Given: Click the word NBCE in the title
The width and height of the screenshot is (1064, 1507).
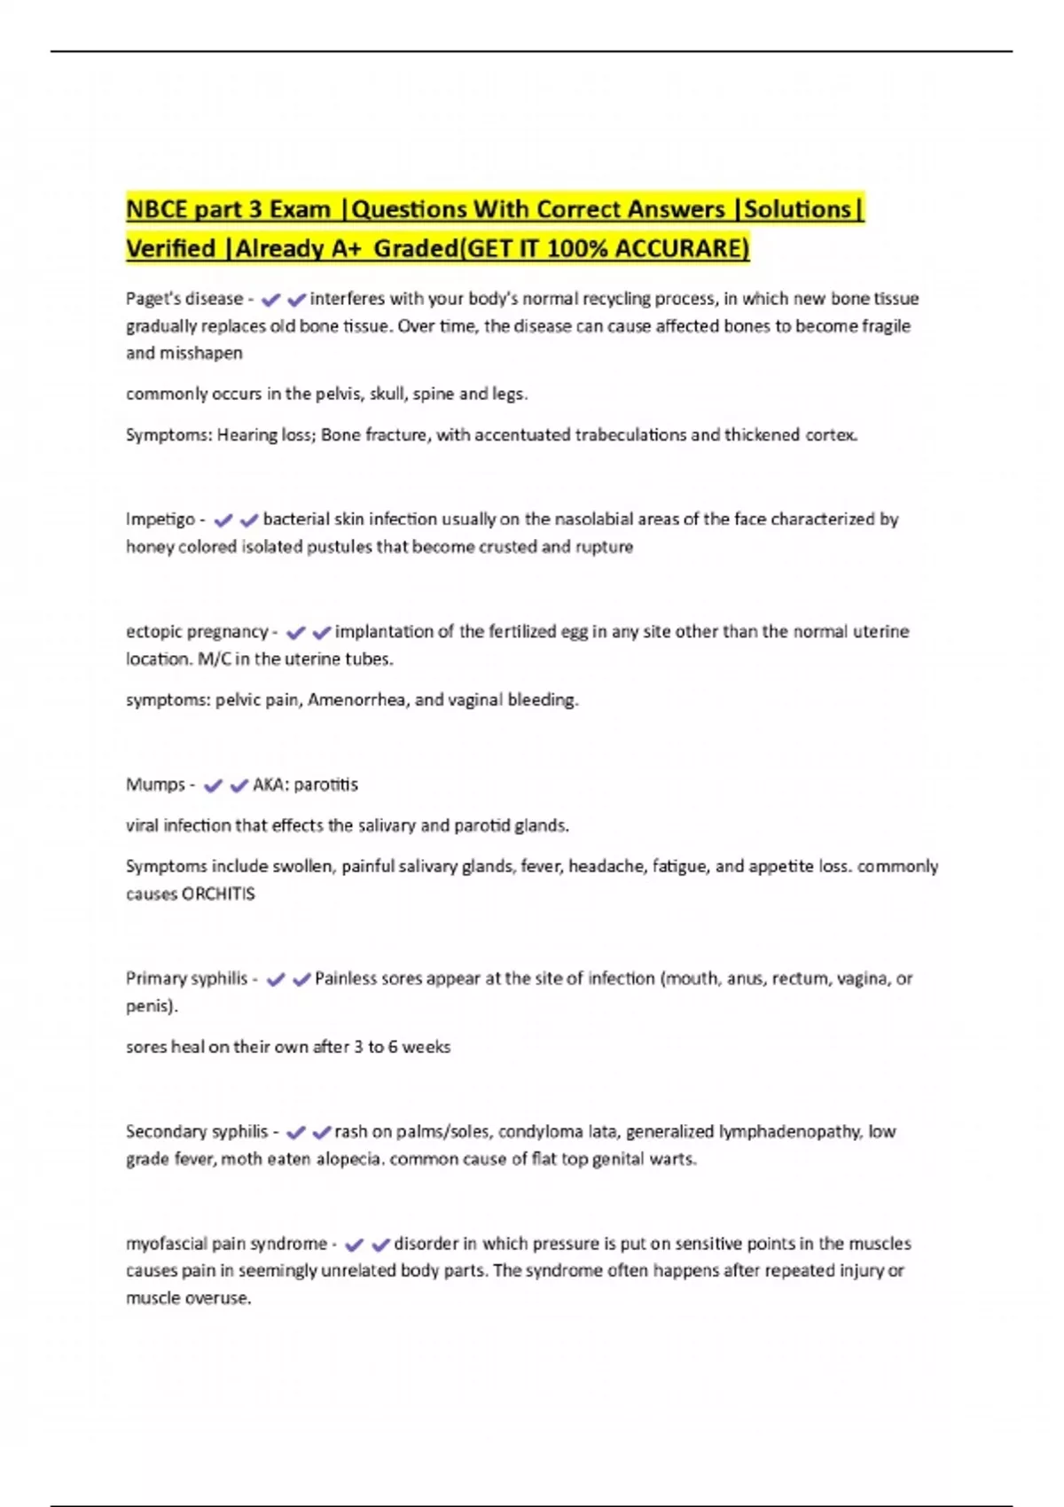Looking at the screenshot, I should coord(157,210).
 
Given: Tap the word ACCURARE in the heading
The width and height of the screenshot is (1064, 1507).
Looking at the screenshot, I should coord(681,248).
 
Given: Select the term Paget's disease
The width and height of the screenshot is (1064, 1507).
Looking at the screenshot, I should coord(184,299).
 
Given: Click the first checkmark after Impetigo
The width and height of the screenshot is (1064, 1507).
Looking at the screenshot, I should coord(223,520).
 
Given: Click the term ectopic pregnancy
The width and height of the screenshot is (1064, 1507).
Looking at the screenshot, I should coord(197,631).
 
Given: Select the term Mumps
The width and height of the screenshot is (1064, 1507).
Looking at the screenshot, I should coord(155,785).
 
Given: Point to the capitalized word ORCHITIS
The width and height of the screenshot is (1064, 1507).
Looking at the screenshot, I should coord(218,894).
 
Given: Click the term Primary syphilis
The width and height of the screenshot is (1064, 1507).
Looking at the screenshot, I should coord(186,979).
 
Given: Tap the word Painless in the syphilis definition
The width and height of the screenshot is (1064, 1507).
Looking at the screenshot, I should coord(346,979).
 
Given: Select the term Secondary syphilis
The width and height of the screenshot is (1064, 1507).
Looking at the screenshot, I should coord(196,1131).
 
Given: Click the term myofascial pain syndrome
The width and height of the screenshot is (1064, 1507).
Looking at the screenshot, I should coord(226,1244).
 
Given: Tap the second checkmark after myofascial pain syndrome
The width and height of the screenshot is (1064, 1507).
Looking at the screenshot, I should coord(381,1245).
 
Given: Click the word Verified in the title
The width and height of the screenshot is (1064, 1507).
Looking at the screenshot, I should coord(170,248).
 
